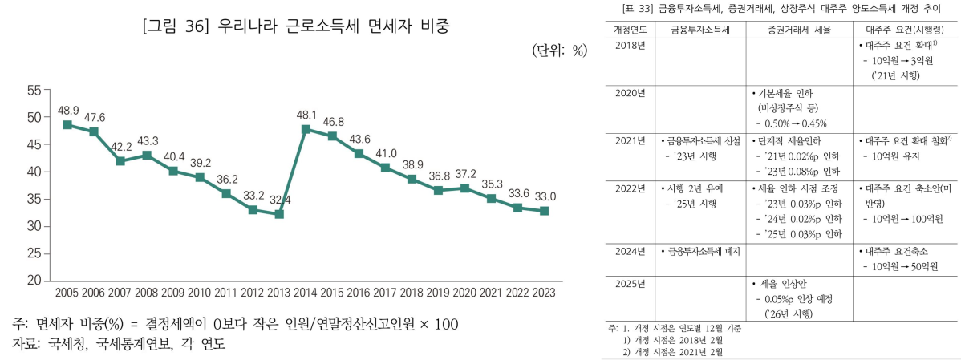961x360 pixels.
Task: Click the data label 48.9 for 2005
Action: point(67,110)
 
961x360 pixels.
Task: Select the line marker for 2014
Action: point(306,129)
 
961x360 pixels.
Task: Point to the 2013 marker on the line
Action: point(279,214)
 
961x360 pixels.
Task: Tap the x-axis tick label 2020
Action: point(464,293)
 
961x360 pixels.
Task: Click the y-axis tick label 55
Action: point(34,90)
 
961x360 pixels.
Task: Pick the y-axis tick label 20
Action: point(34,281)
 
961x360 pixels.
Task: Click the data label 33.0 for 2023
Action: point(545,196)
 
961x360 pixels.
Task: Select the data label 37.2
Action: point(465,173)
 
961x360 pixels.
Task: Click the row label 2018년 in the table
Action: point(630,47)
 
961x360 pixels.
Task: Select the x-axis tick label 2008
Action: point(147,293)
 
